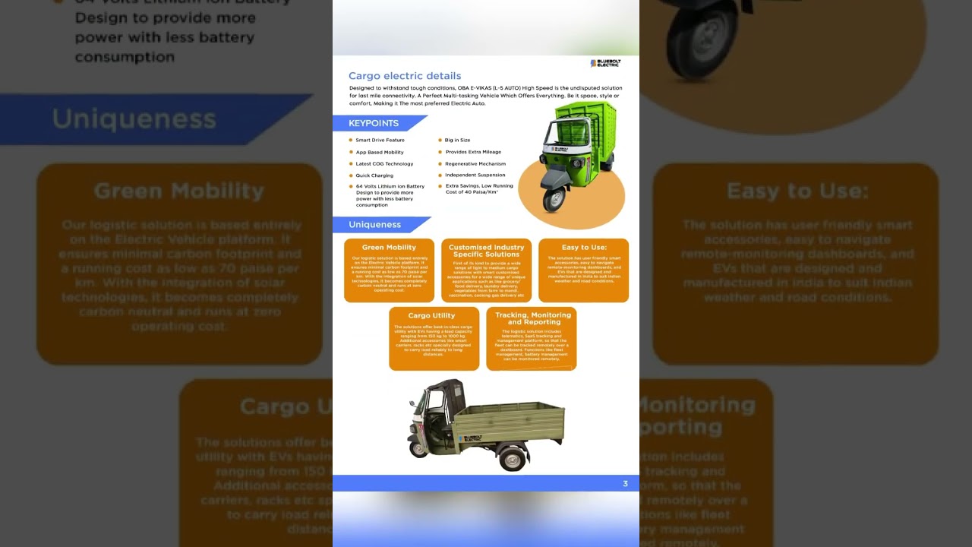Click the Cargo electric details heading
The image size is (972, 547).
click(404, 76)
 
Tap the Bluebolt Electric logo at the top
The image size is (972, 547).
click(605, 63)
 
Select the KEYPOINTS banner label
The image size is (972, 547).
click(373, 123)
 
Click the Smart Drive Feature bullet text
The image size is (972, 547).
click(380, 141)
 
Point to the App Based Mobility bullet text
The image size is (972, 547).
click(380, 153)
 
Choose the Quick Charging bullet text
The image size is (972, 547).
click(374, 175)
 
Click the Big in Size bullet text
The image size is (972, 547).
click(457, 141)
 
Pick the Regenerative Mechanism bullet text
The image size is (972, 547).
click(475, 164)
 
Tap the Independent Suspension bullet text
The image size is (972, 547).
click(475, 175)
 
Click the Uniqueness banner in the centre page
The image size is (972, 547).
click(374, 225)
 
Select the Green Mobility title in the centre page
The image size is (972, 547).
click(389, 248)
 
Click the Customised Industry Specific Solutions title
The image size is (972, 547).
click(486, 251)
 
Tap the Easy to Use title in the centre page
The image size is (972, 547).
click(584, 248)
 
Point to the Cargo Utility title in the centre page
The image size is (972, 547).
click(431, 316)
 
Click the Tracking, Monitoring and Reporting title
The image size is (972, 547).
click(532, 318)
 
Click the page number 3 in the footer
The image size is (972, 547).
click(625, 484)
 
